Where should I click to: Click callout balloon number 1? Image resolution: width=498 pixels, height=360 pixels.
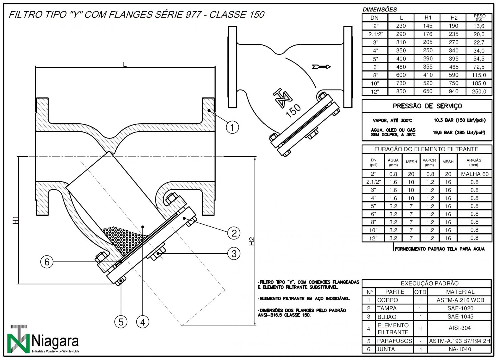click(232, 127)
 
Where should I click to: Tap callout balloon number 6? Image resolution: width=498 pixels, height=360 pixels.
click(47, 262)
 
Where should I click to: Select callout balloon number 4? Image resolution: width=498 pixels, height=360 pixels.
click(143, 322)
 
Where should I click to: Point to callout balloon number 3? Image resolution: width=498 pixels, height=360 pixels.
click(234, 253)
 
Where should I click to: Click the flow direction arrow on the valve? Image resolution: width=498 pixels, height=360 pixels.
click(321, 67)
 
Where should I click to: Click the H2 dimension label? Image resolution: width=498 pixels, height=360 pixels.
click(251, 241)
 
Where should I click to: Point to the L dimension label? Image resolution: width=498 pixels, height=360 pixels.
click(125, 64)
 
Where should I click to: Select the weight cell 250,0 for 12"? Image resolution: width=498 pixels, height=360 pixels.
click(479, 92)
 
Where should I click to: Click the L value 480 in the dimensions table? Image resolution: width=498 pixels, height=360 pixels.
click(401, 67)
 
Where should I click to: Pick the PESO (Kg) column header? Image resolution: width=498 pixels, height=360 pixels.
click(479, 17)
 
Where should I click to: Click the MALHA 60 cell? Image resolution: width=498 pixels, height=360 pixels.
click(474, 174)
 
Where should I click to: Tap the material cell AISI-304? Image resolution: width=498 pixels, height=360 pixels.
click(460, 328)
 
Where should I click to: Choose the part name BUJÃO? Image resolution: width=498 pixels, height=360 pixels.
click(387, 317)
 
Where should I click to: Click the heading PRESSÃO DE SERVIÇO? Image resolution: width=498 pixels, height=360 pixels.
click(427, 106)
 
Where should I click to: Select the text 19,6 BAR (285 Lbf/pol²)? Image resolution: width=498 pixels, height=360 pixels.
click(459, 132)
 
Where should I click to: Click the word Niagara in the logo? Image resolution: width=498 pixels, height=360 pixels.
click(55, 341)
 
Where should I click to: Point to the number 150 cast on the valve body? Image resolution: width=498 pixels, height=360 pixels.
click(293, 111)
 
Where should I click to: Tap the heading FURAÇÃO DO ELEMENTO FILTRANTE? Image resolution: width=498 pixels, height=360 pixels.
click(426, 149)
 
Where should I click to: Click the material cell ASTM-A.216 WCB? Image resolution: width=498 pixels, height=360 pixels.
click(460, 300)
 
